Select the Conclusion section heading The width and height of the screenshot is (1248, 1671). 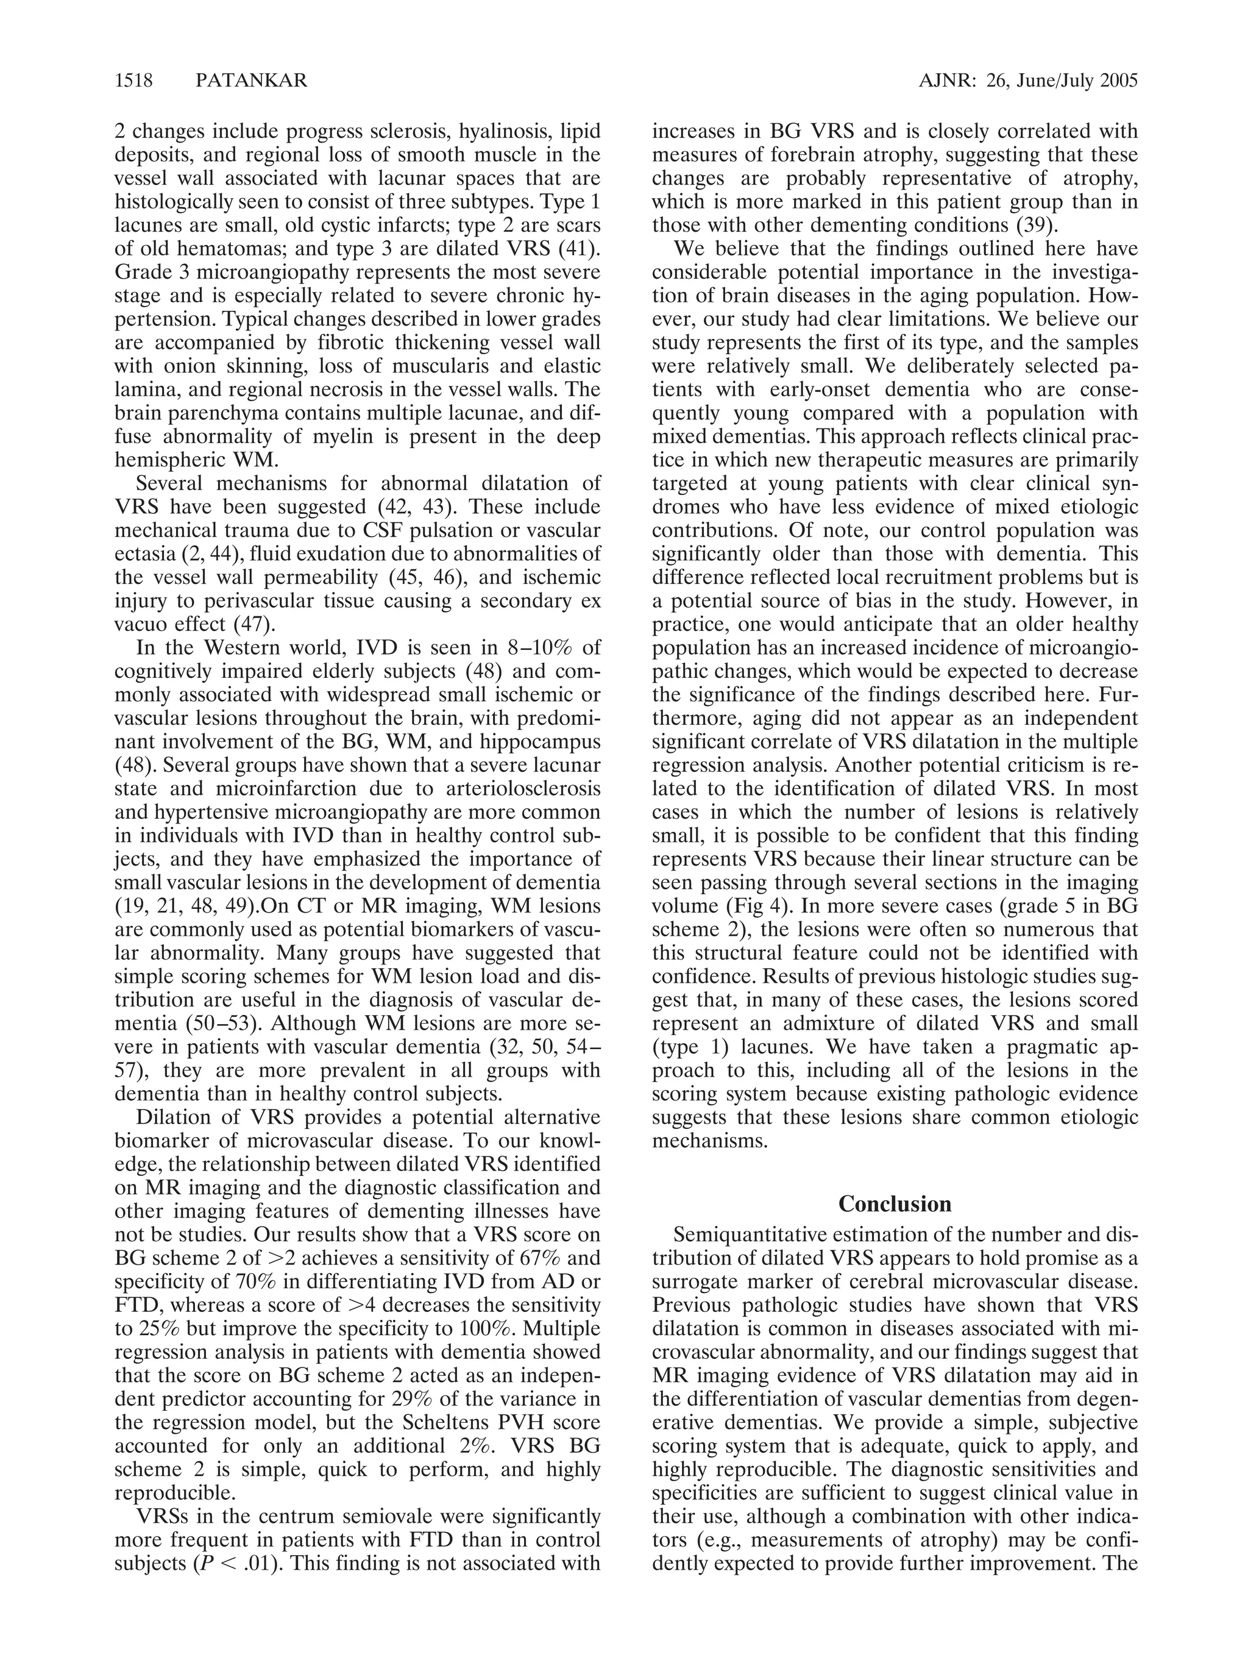pyautogui.click(x=894, y=1203)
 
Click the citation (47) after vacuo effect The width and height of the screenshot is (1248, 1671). pyautogui.click(x=253, y=624)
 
